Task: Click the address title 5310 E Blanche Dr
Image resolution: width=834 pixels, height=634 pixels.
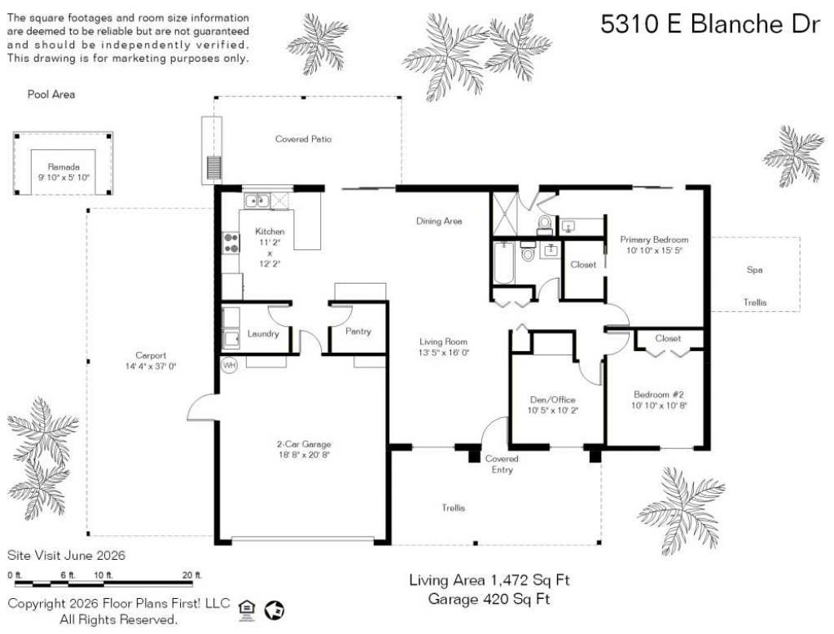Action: pyautogui.click(x=710, y=24)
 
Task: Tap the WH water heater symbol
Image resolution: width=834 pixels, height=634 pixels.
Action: pyautogui.click(x=229, y=365)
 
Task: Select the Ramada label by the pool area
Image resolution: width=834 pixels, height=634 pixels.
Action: pyautogui.click(x=64, y=166)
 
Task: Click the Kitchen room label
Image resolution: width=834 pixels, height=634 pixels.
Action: pyautogui.click(x=270, y=231)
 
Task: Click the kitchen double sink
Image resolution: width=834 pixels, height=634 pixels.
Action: pyautogui.click(x=257, y=200)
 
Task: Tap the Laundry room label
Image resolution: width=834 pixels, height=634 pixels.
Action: pyautogui.click(x=263, y=334)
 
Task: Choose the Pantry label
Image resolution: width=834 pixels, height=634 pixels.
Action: pyautogui.click(x=358, y=331)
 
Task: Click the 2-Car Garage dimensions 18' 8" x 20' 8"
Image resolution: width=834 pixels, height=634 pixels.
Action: pyautogui.click(x=305, y=455)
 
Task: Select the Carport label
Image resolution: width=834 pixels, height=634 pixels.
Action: pyautogui.click(x=151, y=355)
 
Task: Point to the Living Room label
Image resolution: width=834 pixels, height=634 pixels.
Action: pyautogui.click(x=443, y=341)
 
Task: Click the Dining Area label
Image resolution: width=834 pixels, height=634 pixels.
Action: pyautogui.click(x=439, y=221)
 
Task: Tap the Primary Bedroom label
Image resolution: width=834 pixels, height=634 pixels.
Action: pyautogui.click(x=654, y=240)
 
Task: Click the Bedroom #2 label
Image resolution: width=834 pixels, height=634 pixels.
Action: pyautogui.click(x=658, y=394)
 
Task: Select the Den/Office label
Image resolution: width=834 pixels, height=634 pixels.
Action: pyautogui.click(x=553, y=399)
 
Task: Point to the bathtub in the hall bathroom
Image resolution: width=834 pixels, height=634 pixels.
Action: pyautogui.click(x=503, y=263)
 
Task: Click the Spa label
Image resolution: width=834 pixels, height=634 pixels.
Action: pyautogui.click(x=754, y=270)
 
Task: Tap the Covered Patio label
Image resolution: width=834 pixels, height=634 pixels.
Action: pyautogui.click(x=303, y=139)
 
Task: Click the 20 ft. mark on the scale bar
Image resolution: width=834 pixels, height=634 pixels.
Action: pyautogui.click(x=192, y=575)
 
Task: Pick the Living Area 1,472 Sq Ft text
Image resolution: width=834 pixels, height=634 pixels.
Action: pyautogui.click(x=489, y=579)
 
